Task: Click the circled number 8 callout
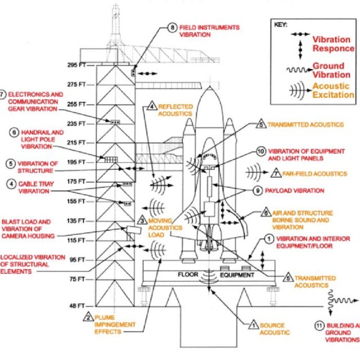click(x=173, y=27)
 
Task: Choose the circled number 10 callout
click(x=260, y=151)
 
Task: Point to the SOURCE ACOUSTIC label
click(x=272, y=328)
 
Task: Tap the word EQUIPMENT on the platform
click(x=237, y=276)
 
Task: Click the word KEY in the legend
click(x=282, y=25)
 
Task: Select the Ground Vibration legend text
click(x=332, y=70)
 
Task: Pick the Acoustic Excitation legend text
click(x=332, y=90)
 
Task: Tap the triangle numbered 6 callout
click(x=265, y=213)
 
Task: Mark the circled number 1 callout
click(x=269, y=238)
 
